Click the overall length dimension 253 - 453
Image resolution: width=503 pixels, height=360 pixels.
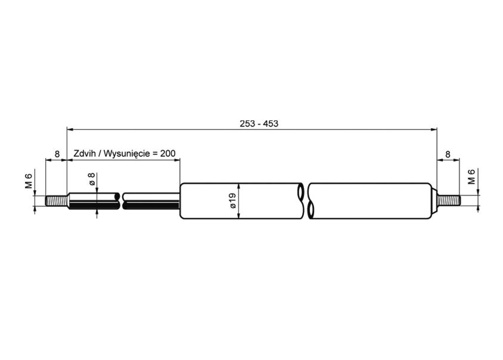pyautogui.click(x=259, y=123)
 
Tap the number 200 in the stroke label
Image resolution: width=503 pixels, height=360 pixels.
pyautogui.click(x=168, y=153)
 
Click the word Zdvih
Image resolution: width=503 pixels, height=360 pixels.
pyautogui.click(x=85, y=153)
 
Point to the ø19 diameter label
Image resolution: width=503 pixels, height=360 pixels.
pyautogui.click(x=233, y=200)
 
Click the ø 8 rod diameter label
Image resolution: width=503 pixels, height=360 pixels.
pyautogui.click(x=92, y=179)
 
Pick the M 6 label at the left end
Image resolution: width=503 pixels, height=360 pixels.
pyautogui.click(x=29, y=181)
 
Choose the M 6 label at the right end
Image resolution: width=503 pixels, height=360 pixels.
pyautogui.click(x=471, y=177)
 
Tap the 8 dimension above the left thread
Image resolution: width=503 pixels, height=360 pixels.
pyautogui.click(x=57, y=154)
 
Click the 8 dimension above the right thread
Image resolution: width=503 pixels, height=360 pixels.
pyautogui.click(x=448, y=154)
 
